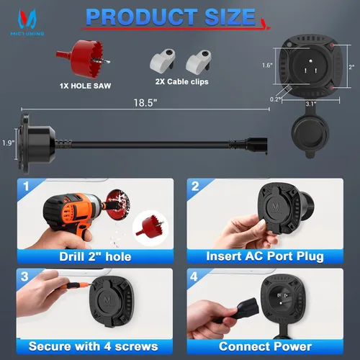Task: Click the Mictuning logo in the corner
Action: pyautogui.click(x=27, y=22)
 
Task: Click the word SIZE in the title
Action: pyautogui.click(x=230, y=17)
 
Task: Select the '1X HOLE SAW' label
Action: pyautogui.click(x=85, y=86)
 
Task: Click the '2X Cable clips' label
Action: pyautogui.click(x=181, y=81)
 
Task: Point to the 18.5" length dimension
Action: pyautogui.click(x=145, y=103)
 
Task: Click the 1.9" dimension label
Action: pyautogui.click(x=9, y=143)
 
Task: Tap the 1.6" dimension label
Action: pyautogui.click(x=267, y=65)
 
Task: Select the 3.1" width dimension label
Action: pyautogui.click(x=311, y=104)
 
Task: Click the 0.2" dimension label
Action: pyautogui.click(x=275, y=99)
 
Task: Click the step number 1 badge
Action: pyautogui.click(x=26, y=186)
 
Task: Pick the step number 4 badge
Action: pyautogui.click(x=194, y=276)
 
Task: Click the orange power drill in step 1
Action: pyautogui.click(x=74, y=215)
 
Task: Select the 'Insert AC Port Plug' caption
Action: pyautogui.click(x=265, y=256)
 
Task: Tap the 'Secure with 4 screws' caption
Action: pyautogui.click(x=94, y=346)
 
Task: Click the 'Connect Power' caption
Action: pyautogui.click(x=265, y=346)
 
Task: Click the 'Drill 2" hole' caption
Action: pyautogui.click(x=95, y=256)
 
